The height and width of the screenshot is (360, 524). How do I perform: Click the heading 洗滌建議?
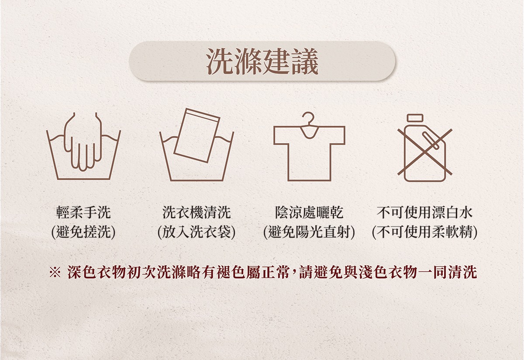click(x=262, y=61)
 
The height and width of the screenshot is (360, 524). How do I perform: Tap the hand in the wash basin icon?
click(x=83, y=142)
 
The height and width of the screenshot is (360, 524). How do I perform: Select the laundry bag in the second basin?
click(x=197, y=135)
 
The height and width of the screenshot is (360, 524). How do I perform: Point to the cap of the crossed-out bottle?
click(x=415, y=118)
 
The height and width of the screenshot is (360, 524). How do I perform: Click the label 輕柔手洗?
click(x=83, y=212)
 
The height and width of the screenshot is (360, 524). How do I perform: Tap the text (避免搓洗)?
click(x=83, y=232)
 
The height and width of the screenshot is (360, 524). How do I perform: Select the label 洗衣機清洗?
click(x=197, y=212)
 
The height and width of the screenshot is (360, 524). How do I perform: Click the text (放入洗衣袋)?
click(x=197, y=232)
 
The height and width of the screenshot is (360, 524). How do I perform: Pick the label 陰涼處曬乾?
click(x=309, y=212)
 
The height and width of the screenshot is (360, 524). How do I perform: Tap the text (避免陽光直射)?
click(x=309, y=232)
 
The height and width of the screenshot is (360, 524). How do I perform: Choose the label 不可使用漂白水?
click(x=425, y=212)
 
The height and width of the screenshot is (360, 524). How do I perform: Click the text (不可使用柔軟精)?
click(x=425, y=232)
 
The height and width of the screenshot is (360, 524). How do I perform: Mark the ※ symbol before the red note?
click(x=55, y=273)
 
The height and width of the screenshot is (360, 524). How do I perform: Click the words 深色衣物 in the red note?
click(x=97, y=273)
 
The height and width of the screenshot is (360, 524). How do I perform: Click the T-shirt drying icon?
click(x=309, y=146)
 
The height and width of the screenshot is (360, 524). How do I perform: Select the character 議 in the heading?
click(x=305, y=62)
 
